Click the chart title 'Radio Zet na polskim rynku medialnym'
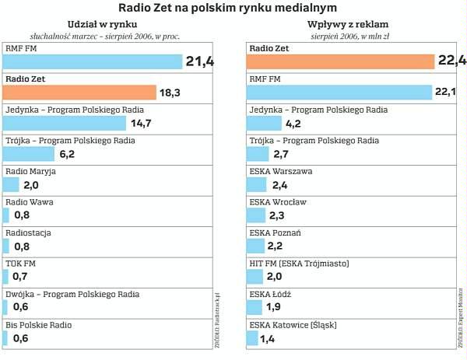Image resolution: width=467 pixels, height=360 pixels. [x=233, y=7]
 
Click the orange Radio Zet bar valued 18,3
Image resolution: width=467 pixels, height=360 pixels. [x=79, y=93]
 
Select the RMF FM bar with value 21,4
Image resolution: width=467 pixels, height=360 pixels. [x=93, y=62]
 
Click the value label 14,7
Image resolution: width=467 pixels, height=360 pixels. [x=141, y=123]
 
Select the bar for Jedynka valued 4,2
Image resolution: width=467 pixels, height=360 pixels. [x=264, y=123]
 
